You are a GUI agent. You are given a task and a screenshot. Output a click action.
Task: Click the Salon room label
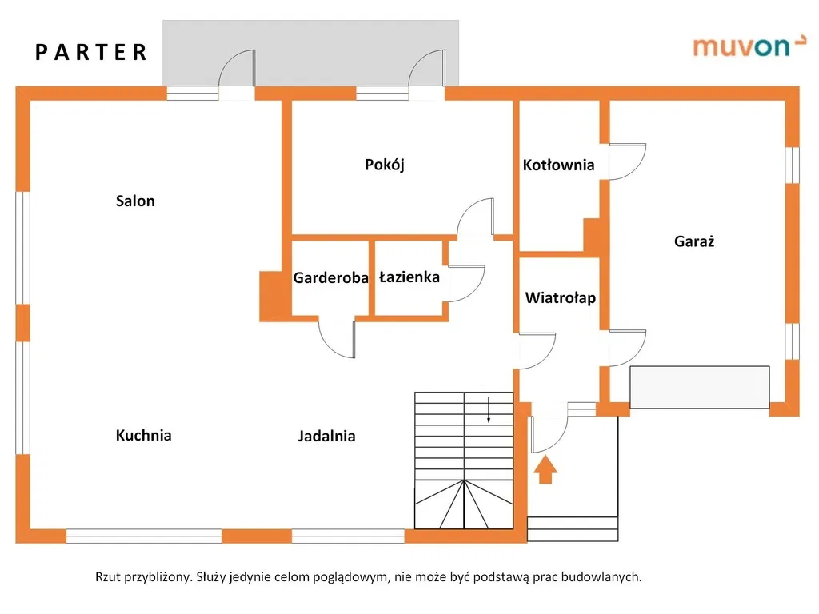pos(135,201)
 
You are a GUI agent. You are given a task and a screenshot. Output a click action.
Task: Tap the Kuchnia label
pos(144,436)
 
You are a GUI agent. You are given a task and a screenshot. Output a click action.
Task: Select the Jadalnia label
pos(326,437)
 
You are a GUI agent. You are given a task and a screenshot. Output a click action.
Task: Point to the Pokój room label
pos(385,165)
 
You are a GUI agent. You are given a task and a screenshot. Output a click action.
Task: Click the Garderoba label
pos(330,278)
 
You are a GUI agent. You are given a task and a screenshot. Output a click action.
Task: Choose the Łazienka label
pos(409,277)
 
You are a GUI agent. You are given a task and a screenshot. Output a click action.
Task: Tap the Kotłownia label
pos(559,165)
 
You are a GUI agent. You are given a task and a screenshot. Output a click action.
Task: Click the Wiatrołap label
pos(561,298)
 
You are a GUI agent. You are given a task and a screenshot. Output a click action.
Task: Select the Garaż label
pos(694,241)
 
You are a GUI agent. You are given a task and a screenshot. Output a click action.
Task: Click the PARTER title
pos(91,53)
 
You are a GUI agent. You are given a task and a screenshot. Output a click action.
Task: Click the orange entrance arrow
pos(545,469)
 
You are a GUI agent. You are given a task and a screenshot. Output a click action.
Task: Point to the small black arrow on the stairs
pos(489,409)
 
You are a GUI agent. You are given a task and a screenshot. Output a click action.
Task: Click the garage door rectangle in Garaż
pos(700,387)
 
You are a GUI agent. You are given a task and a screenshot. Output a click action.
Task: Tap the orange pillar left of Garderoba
pos(274,295)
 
